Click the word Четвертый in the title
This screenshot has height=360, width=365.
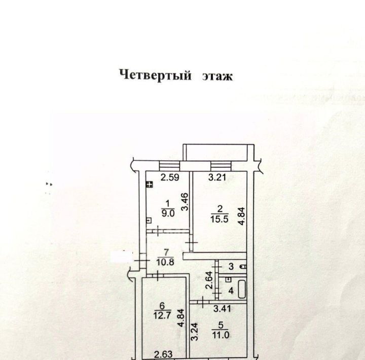[x=155, y=76]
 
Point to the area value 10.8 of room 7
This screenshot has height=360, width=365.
[x=165, y=263]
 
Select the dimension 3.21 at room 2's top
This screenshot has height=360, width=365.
[x=218, y=177]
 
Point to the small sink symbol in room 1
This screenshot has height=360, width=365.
[x=148, y=220]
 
